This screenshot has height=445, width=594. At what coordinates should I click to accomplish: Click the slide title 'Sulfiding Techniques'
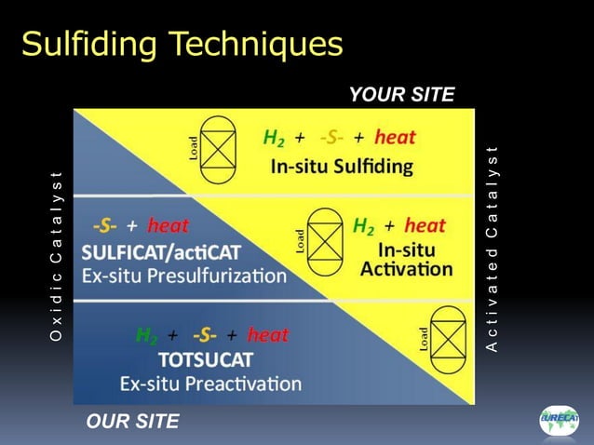coord(182,43)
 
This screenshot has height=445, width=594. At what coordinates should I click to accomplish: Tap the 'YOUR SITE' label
coord(401,94)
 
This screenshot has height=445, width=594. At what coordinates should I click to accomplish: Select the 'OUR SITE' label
coord(132,422)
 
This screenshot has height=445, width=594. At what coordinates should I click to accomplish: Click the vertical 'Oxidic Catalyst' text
coord(57,256)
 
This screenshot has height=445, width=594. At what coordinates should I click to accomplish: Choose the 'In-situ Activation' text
coord(406,260)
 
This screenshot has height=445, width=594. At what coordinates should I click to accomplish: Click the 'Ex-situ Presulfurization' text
coord(184,276)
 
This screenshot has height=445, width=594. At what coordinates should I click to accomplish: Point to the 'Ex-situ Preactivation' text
coord(210,384)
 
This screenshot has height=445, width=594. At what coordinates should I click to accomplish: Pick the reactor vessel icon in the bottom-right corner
coord(448,340)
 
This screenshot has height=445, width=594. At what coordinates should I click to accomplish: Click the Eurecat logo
coord(559,421)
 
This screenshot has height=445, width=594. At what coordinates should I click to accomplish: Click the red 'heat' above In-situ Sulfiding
coord(395,138)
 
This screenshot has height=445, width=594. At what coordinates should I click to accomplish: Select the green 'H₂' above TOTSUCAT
coord(146,335)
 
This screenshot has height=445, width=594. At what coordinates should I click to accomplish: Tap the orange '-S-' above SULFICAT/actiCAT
coord(104,226)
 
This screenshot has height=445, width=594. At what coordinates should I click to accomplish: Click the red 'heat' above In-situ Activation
coord(425,225)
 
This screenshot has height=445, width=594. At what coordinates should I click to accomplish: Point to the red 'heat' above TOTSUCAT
coord(268,335)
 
